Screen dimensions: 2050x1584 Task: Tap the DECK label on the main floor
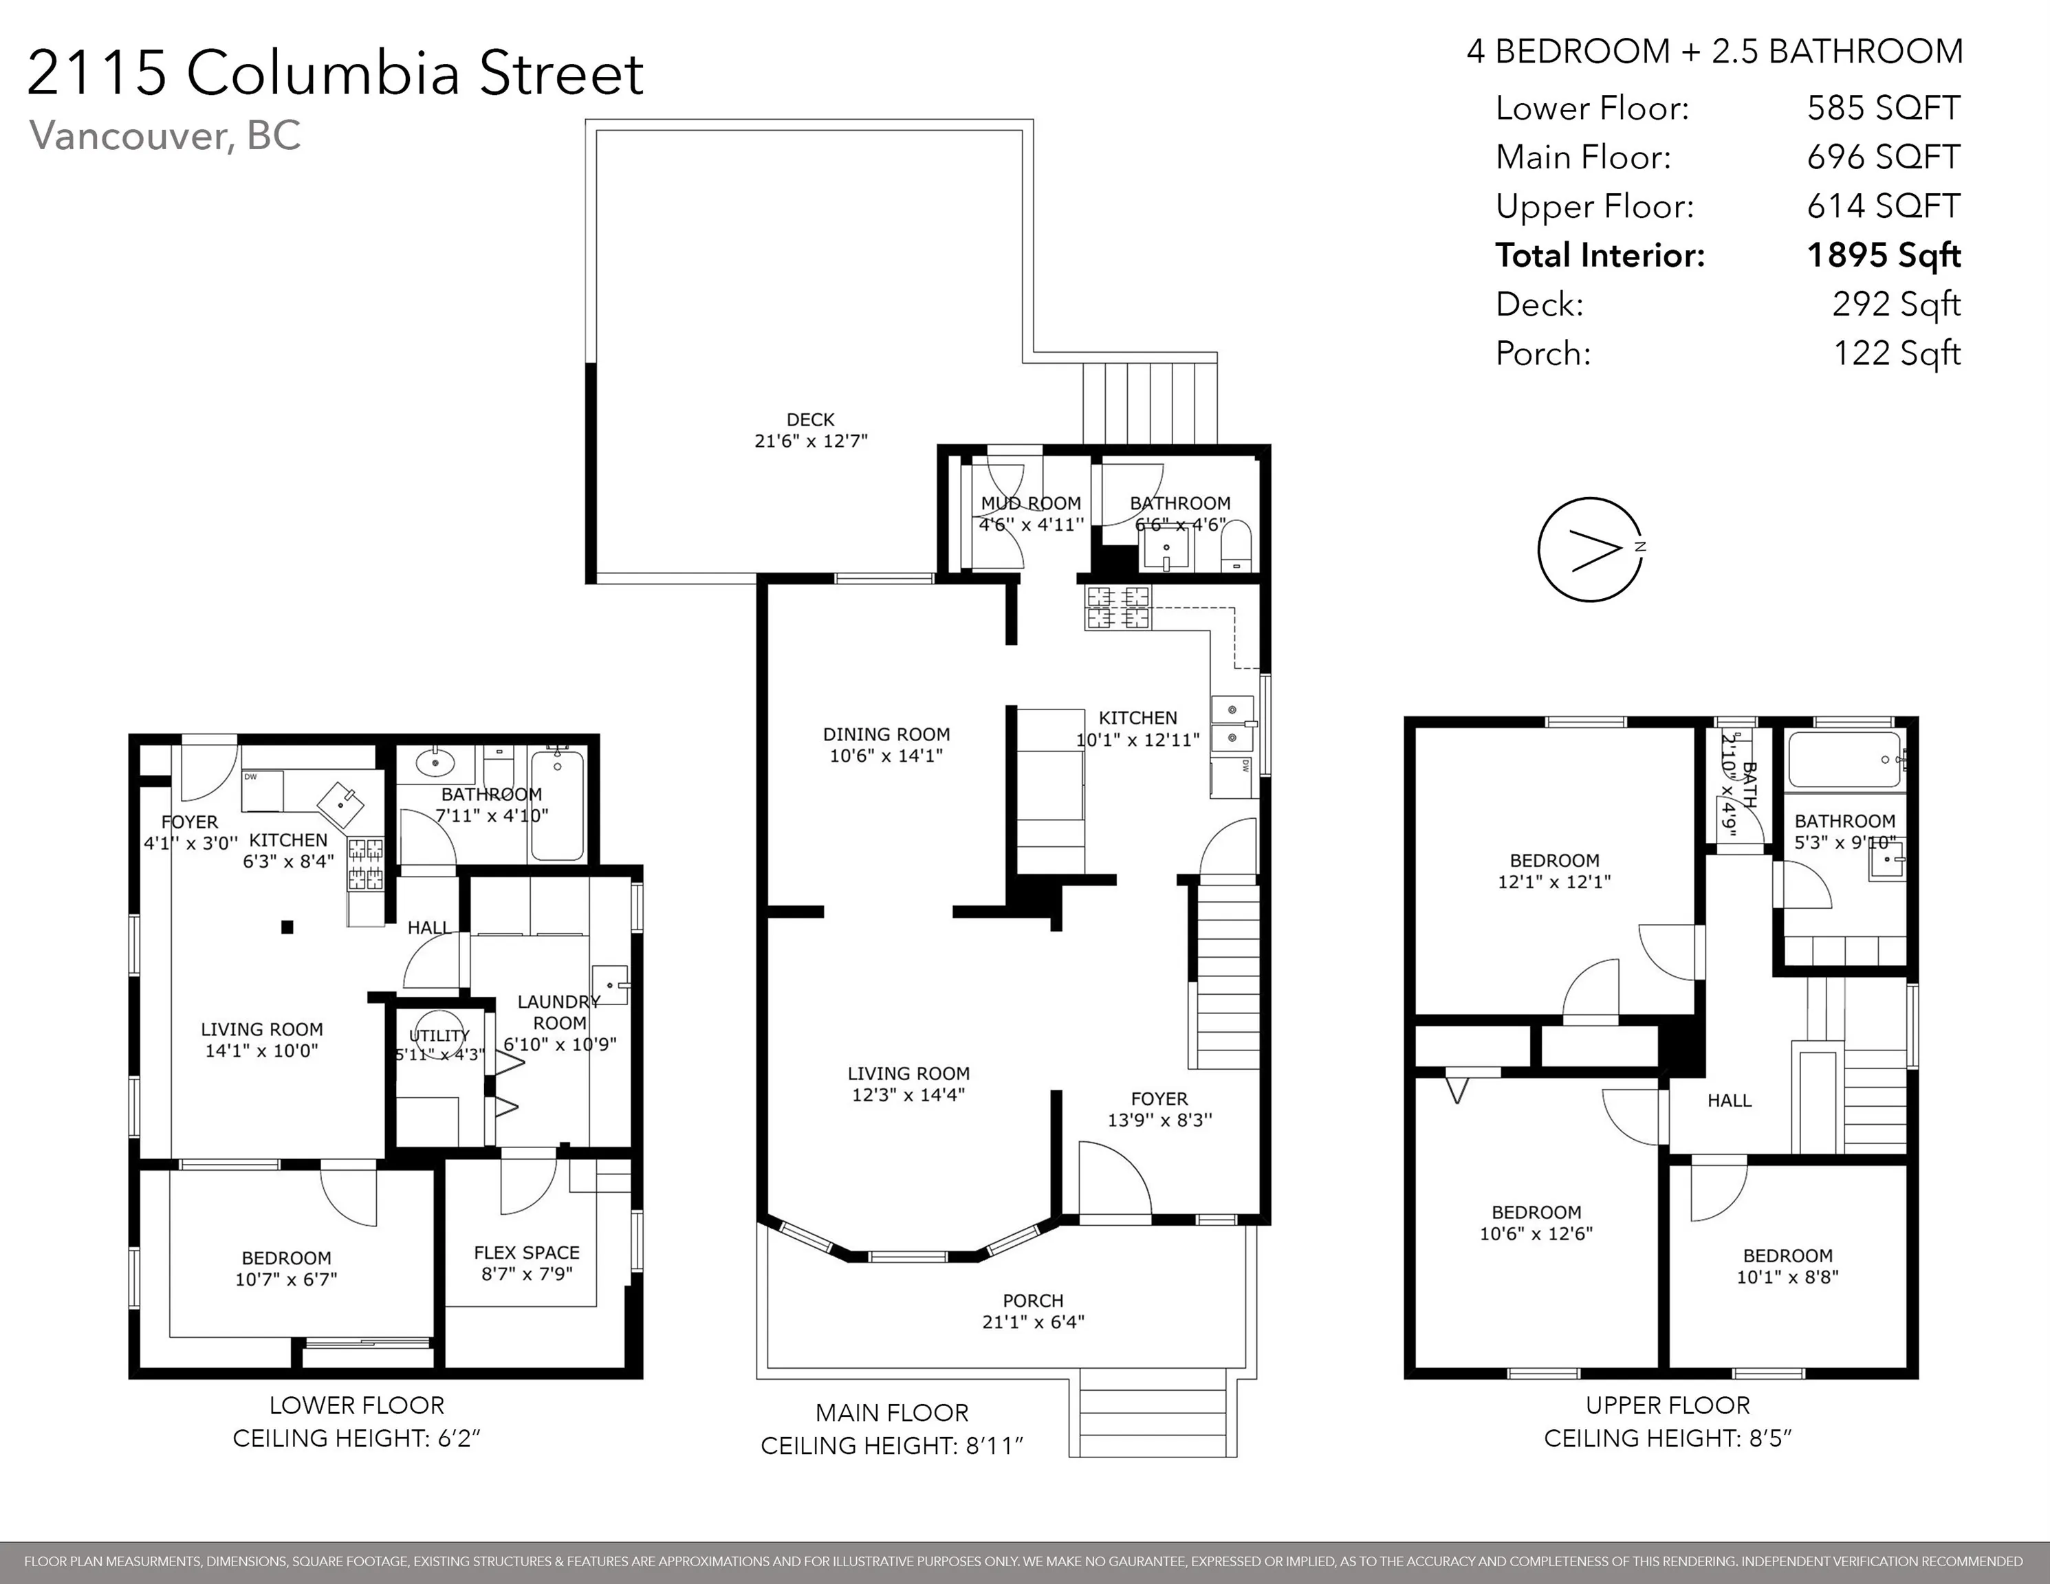tap(810, 419)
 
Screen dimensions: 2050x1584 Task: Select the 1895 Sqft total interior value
tap(1884, 255)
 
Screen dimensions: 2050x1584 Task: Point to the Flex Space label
tap(527, 1253)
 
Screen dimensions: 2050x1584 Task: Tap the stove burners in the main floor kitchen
tap(1117, 607)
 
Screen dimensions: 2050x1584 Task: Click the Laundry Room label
tap(559, 1013)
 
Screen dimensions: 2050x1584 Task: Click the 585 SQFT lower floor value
tap(1884, 108)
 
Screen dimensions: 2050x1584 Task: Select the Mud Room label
tap(1031, 503)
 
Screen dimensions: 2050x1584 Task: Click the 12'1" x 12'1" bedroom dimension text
tap(1554, 881)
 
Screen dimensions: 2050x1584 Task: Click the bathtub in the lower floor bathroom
tap(558, 806)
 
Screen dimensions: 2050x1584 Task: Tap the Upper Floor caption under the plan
tap(1668, 1405)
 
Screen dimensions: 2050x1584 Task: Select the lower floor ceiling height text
tap(357, 1438)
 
